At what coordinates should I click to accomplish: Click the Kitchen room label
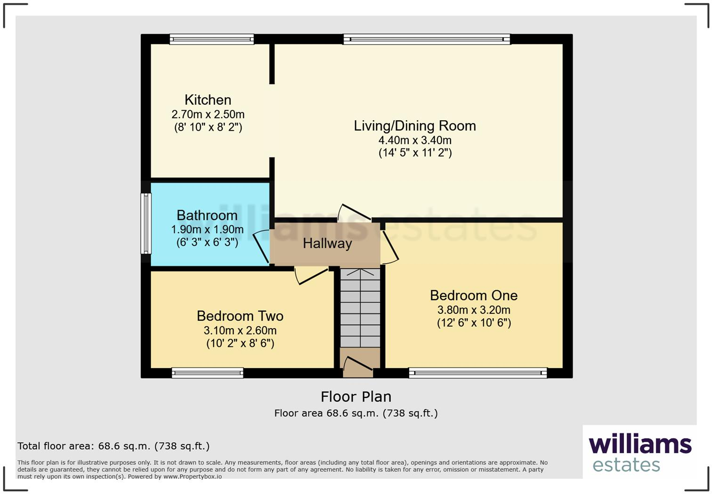click(208, 100)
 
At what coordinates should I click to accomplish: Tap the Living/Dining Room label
click(414, 126)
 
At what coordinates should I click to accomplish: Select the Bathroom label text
click(207, 215)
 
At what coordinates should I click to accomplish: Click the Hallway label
click(327, 244)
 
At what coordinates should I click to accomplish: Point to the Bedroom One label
click(473, 296)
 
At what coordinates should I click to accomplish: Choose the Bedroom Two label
click(240, 316)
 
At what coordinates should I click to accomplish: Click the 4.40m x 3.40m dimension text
click(414, 140)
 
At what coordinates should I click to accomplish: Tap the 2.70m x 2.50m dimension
click(208, 115)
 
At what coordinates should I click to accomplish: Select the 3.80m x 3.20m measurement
click(473, 310)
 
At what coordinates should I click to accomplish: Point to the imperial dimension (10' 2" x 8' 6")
click(240, 343)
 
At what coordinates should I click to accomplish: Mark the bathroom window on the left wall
click(146, 223)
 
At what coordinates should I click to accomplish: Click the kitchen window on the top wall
click(211, 39)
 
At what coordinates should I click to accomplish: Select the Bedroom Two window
click(208, 373)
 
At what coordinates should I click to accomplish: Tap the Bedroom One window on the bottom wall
click(477, 373)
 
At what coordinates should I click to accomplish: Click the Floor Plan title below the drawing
click(356, 397)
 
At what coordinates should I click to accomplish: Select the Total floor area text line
click(113, 446)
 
